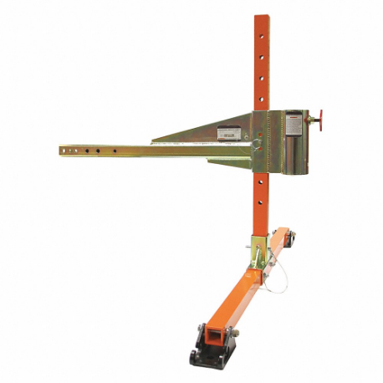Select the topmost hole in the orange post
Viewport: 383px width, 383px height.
[263, 40]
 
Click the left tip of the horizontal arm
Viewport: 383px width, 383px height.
[63, 151]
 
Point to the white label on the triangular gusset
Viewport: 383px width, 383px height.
[228, 132]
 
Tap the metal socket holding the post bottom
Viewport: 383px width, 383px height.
[259, 248]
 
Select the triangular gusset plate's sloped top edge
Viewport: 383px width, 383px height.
[201, 126]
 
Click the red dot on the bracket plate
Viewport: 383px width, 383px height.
[260, 135]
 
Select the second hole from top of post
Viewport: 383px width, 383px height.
[263, 58]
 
